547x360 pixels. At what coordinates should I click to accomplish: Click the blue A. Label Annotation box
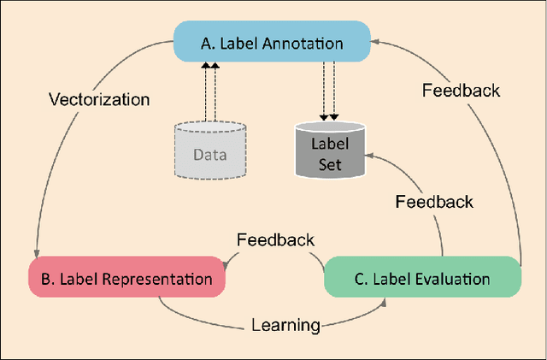(x=273, y=41)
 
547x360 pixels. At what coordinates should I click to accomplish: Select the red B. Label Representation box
(x=126, y=278)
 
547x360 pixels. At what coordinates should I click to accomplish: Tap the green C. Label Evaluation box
(x=423, y=278)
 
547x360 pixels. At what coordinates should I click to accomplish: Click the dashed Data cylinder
(x=211, y=150)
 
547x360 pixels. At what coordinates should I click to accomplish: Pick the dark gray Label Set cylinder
(x=330, y=150)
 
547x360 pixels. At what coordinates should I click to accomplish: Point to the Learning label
(x=285, y=324)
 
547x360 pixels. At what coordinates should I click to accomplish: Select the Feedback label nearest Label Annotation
(x=462, y=89)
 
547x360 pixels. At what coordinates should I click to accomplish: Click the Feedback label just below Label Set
(x=434, y=202)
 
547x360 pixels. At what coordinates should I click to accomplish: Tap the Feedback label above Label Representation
(x=274, y=240)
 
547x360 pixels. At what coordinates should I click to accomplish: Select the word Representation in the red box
(x=162, y=279)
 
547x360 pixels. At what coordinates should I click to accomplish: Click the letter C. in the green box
(x=361, y=279)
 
